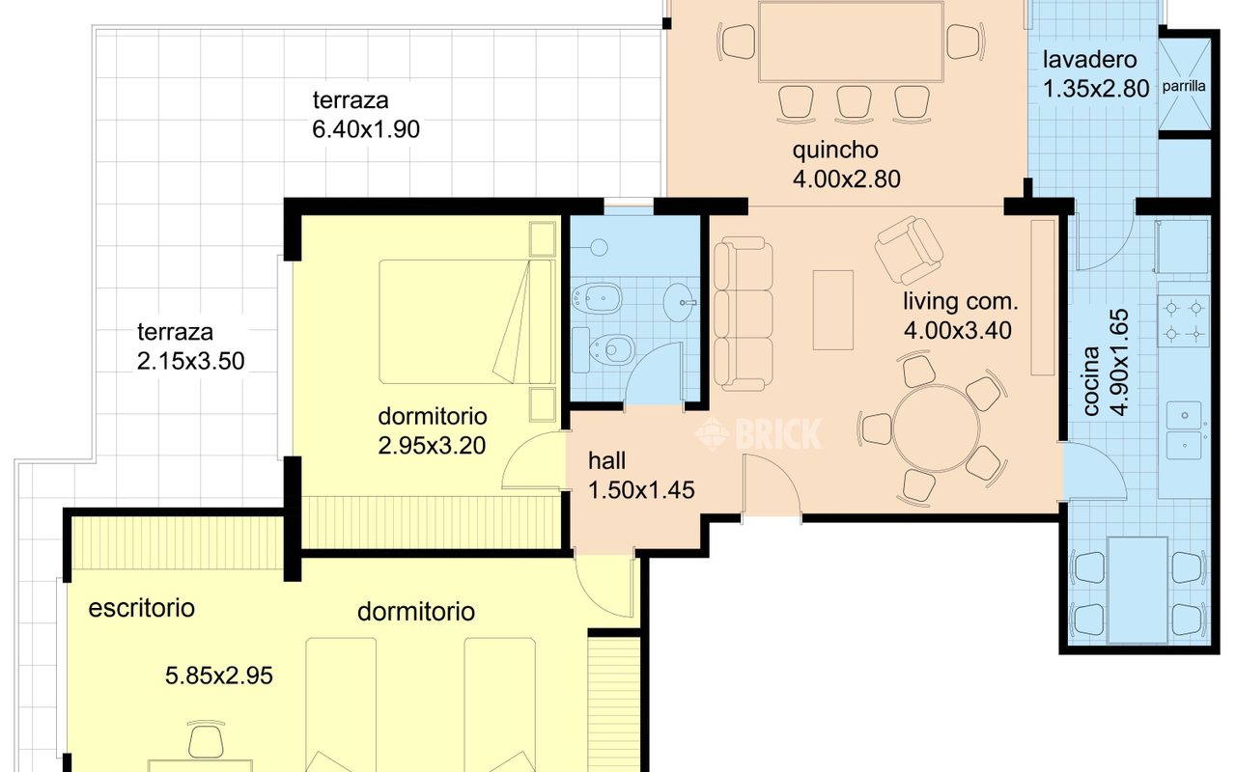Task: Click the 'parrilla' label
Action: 1184,86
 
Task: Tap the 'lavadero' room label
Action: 1090,60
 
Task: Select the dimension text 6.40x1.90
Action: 366,129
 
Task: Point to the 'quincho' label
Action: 835,150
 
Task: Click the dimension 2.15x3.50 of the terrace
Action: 190,361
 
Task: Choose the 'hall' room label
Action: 607,461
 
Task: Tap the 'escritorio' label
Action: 142,608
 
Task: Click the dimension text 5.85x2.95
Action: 219,676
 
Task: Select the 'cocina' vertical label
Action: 1091,380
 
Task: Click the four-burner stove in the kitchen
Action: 1184,321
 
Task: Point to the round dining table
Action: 936,428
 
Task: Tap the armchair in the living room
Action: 909,250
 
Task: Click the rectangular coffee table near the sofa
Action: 833,310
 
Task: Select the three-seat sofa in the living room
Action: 744,314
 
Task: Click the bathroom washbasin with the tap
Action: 679,302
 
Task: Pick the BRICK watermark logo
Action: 758,434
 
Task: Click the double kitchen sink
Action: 1184,430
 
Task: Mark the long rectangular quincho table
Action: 852,41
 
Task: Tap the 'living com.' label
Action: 961,302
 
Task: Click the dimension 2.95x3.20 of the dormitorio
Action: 432,446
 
